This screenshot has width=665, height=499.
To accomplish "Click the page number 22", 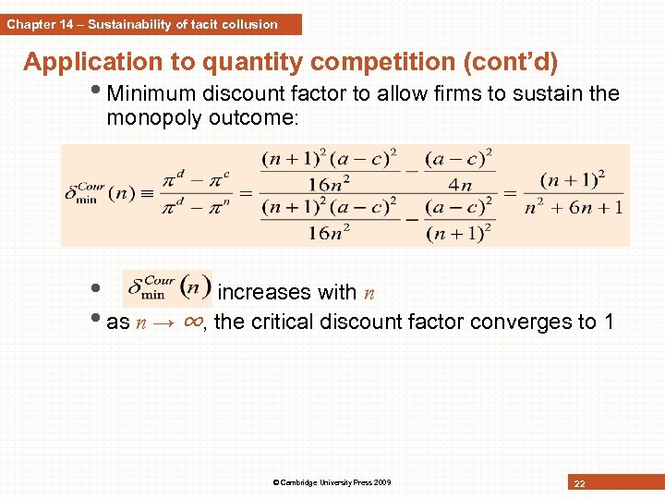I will click(x=579, y=484).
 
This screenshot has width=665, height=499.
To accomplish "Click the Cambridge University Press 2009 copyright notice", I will click(x=332, y=482).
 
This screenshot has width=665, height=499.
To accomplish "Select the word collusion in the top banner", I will click(x=248, y=24).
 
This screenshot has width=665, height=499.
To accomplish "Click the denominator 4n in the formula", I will click(x=460, y=184).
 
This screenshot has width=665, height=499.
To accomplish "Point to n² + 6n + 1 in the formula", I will click(x=573, y=206).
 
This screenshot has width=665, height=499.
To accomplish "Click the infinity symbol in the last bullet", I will click(x=193, y=322).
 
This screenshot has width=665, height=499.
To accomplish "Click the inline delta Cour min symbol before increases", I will click(x=167, y=288).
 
